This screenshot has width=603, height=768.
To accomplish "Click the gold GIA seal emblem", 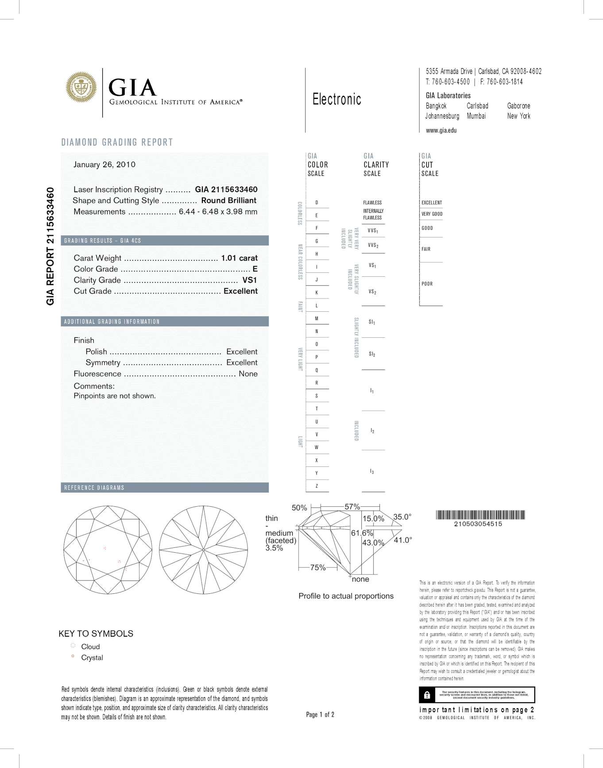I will (x=81, y=88).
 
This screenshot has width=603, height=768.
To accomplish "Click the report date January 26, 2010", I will (x=104, y=164).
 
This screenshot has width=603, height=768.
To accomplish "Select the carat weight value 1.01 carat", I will (x=239, y=258).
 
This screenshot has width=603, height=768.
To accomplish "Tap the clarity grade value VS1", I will (x=250, y=280).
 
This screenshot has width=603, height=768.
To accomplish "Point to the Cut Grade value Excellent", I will (x=240, y=291).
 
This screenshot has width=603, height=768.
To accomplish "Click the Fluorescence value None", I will (x=248, y=374).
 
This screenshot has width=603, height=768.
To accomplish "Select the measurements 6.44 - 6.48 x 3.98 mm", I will (x=218, y=212).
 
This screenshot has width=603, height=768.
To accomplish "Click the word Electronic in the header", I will (x=336, y=99).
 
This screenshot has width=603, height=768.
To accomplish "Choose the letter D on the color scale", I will (x=317, y=203).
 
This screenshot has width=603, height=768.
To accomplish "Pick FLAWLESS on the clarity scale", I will (x=372, y=203).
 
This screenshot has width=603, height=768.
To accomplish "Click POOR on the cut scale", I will (x=427, y=284).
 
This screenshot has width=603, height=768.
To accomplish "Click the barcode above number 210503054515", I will (x=480, y=515).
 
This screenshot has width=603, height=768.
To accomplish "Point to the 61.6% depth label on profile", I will (x=362, y=533).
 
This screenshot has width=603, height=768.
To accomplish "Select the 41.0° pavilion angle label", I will (x=403, y=540).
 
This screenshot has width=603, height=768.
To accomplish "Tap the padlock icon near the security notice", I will (x=427, y=695).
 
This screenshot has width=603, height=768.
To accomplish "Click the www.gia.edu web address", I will (x=441, y=130).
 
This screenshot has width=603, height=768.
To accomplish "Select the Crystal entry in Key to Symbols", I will (x=92, y=658).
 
